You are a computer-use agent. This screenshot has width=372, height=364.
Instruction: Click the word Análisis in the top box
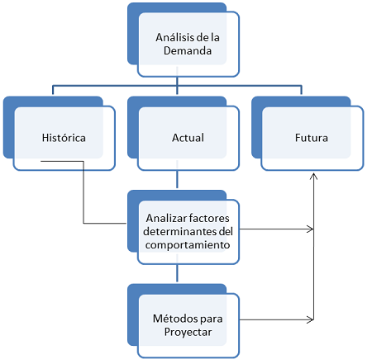pos(174,37)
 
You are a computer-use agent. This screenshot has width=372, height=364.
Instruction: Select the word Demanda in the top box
pos(188,50)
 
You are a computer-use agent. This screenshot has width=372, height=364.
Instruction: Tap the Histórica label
pos(64,138)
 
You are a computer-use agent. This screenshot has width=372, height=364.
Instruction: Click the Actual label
pos(188,138)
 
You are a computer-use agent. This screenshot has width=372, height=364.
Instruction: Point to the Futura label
pos(312,138)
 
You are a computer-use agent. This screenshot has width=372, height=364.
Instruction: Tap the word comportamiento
pos(188,245)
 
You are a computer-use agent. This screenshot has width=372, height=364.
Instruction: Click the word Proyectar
pos(188,332)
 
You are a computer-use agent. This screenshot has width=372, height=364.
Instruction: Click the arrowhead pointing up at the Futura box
pos(313,177)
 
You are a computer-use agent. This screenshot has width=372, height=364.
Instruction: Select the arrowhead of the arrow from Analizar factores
pos(310,229)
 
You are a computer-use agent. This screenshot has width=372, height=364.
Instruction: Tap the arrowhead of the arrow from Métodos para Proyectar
pos(310,319)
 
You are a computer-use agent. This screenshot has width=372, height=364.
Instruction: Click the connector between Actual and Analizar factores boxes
pos(177,179)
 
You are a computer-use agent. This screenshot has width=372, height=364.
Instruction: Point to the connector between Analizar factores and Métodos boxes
pos(177,273)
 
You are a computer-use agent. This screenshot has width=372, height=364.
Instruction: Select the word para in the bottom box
pos(212,319)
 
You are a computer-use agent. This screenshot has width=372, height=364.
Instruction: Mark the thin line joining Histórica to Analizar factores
pos(83,192)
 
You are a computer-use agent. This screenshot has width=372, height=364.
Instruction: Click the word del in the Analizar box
pos(226,231)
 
